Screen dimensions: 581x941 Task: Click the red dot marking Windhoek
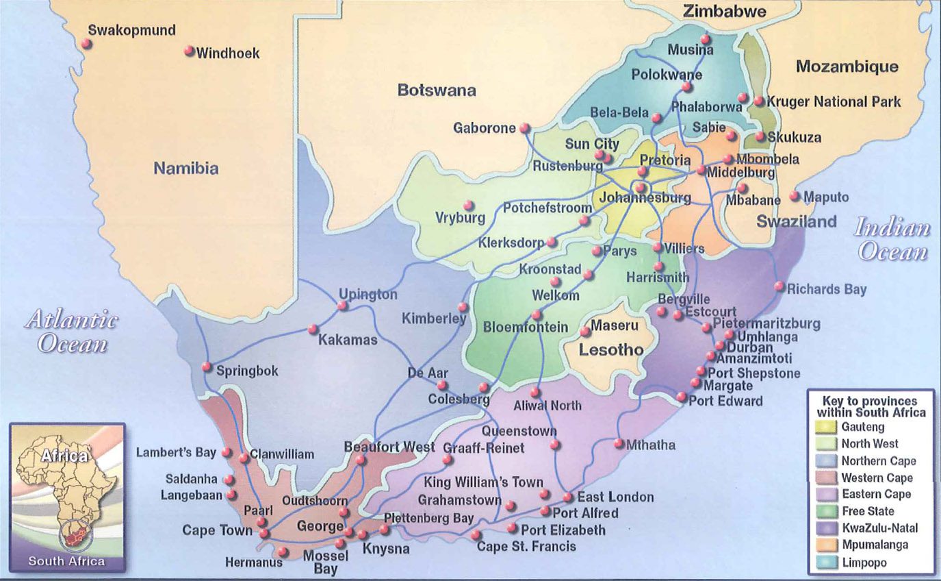pyautogui.click(x=190, y=51)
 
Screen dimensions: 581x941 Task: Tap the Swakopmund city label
pyautogui.click(x=132, y=30)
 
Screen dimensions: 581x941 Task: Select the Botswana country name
pyautogui.click(x=437, y=90)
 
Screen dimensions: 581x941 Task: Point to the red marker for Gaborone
pyautogui.click(x=524, y=127)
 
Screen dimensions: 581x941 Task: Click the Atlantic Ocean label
pyautogui.click(x=72, y=331)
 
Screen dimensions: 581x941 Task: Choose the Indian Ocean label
pyautogui.click(x=892, y=240)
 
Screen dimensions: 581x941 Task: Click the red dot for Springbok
pyautogui.click(x=207, y=367)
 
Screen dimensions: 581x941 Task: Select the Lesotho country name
pyautogui.click(x=611, y=350)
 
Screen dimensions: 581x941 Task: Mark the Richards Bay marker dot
pyautogui.click(x=779, y=286)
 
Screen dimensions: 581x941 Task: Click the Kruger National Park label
pyautogui.click(x=834, y=101)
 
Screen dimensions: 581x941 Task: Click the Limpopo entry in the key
pyautogui.click(x=864, y=563)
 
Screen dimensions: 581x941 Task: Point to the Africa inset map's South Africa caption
pyautogui.click(x=66, y=561)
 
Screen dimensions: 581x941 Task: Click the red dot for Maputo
pyautogui.click(x=794, y=196)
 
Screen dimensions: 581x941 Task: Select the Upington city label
pyautogui.click(x=368, y=295)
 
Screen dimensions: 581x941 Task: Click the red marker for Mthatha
pyautogui.click(x=619, y=444)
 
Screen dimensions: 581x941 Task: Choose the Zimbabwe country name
pyautogui.click(x=724, y=11)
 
